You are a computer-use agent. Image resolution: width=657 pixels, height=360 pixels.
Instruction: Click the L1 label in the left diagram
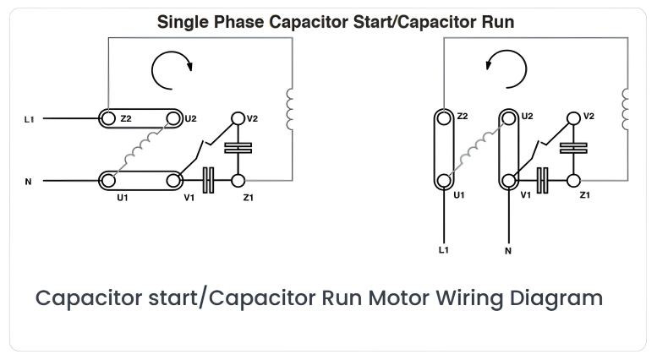coord(29,119)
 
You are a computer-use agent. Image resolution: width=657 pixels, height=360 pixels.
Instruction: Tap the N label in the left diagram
coord(28,182)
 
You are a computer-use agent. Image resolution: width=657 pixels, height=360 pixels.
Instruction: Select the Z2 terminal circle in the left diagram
coord(108,118)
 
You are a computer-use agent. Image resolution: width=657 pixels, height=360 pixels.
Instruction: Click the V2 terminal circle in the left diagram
coord(238,118)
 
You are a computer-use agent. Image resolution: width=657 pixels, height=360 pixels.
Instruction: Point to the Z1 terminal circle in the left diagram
coord(238,181)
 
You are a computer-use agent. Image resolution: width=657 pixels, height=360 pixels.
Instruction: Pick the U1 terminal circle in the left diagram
coord(108,181)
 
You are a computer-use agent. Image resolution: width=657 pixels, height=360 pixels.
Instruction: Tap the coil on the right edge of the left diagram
coord(289,109)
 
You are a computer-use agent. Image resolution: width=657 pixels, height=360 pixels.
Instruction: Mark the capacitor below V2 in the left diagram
coord(238,148)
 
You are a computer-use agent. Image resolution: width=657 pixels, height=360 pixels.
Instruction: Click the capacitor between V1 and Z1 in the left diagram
coord(208,180)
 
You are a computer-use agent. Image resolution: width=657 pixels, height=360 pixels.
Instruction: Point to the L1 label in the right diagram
coord(444,250)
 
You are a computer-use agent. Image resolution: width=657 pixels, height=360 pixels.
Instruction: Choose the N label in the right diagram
coord(508,251)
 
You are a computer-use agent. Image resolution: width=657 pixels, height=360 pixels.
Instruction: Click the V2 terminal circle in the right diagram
coord(573,118)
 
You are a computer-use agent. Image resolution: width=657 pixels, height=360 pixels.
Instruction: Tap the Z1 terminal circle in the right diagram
coord(573,181)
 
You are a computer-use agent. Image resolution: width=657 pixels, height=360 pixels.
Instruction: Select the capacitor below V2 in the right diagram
coord(573,148)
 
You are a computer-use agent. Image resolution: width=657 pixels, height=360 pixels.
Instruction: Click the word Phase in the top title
coord(238,22)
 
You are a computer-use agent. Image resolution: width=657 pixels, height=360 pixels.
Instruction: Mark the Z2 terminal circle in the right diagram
coord(444,118)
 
